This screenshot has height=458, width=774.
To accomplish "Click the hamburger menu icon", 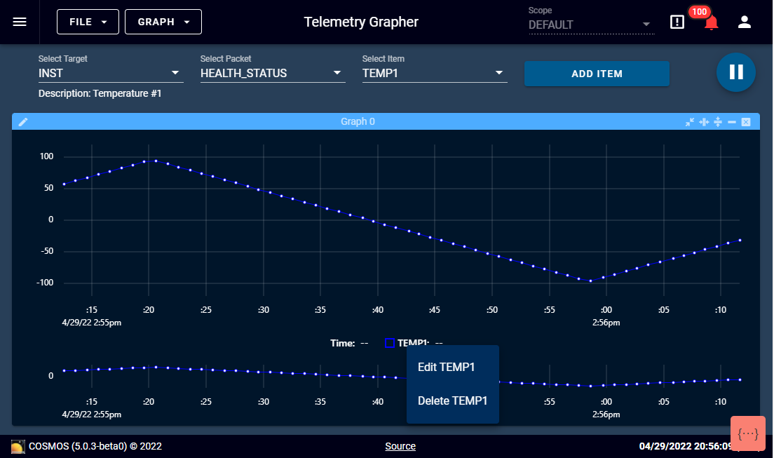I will click(20, 22).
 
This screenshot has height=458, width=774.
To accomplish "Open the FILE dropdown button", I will click(88, 22).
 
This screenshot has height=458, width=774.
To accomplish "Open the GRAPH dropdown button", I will click(163, 22).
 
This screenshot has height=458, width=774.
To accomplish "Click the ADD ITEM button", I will click(597, 74).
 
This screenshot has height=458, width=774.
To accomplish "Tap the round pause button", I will click(735, 72).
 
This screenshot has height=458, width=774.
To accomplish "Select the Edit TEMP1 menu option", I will click(447, 367).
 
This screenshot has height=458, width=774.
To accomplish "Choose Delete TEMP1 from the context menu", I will click(452, 401).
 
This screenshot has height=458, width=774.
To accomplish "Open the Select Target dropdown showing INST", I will click(110, 73).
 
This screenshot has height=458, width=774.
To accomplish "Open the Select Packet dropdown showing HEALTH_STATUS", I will click(272, 73).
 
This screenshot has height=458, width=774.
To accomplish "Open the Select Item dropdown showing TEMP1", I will click(434, 73).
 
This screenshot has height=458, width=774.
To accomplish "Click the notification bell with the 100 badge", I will click(711, 22).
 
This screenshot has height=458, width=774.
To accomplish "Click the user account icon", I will click(745, 22).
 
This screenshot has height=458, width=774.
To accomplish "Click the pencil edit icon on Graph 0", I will click(23, 122).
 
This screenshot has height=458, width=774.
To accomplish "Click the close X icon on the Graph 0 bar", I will click(746, 122).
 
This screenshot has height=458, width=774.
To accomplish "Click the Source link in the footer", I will click(400, 446).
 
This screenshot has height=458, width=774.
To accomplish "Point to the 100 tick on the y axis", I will click(46, 156).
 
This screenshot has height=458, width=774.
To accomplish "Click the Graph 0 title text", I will click(358, 122).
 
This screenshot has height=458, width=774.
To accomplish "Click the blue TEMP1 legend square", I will click(390, 343).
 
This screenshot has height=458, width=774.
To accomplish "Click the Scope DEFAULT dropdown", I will click(590, 25).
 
